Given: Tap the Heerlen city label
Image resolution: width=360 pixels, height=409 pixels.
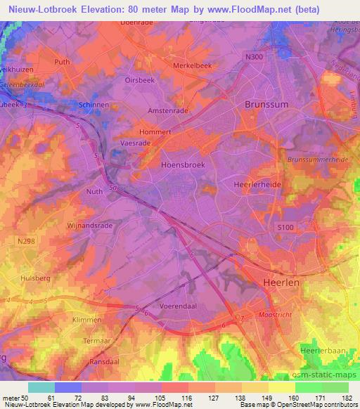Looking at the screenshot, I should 281,281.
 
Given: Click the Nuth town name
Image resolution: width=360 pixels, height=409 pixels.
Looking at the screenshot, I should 94,190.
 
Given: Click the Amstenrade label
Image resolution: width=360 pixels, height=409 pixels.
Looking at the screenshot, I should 166,110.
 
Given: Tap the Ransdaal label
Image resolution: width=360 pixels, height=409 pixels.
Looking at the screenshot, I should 104,363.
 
